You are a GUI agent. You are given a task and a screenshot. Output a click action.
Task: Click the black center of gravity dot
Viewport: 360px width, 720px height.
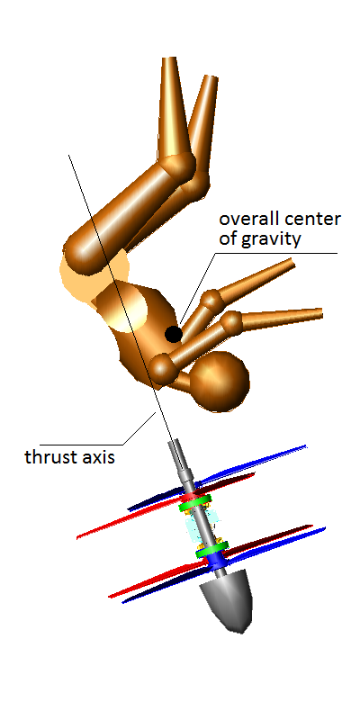point(173,334)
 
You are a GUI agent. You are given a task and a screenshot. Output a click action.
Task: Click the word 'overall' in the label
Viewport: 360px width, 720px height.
point(247,219)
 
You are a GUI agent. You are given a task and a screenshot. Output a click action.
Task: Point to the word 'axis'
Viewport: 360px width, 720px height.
point(98,458)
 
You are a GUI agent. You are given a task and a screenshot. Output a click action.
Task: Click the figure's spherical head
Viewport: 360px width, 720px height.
point(220,381)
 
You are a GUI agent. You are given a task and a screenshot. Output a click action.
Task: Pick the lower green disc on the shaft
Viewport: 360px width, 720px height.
point(211,549)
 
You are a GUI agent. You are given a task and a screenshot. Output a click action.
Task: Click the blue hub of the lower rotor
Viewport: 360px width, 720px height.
point(216,560)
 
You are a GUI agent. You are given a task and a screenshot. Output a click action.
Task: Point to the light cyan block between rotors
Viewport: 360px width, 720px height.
point(202,526)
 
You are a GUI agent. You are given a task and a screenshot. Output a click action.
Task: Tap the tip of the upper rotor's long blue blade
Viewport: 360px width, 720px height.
point(305,446)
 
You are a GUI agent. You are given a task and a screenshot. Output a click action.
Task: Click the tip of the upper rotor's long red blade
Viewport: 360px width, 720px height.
point(77,537)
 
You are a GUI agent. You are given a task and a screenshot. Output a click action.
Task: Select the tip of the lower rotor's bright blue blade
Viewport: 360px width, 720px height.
point(325,528)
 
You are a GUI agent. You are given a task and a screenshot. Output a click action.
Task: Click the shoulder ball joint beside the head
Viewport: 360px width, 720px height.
point(163,368)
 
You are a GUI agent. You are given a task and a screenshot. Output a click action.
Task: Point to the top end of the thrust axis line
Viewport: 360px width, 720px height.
point(69,155)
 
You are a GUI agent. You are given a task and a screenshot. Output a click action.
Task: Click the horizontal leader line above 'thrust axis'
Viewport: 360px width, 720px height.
point(81,445)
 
